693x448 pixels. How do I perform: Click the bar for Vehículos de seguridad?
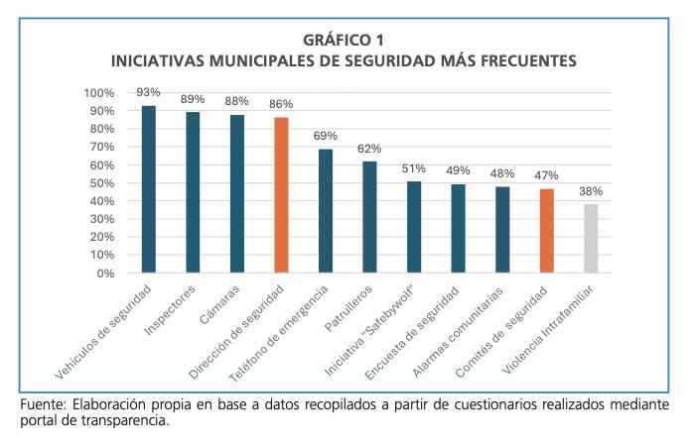[149, 188]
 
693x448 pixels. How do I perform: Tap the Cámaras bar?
[237, 193]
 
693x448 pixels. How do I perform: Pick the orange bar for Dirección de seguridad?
[281, 195]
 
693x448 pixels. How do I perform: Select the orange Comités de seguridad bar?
[546, 230]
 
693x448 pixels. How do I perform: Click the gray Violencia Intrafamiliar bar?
[591, 238]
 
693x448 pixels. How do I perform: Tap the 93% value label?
[149, 91]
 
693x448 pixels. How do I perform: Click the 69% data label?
[326, 135]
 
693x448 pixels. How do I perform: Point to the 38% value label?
[591, 190]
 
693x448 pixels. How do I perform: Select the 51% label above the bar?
[414, 168]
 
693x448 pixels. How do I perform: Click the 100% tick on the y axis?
[99, 93]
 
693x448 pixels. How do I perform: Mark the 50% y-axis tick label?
[101, 183]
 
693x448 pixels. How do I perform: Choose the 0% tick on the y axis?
[104, 273]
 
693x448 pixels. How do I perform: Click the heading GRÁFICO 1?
[346, 40]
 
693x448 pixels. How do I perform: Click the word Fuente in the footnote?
[43, 406]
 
